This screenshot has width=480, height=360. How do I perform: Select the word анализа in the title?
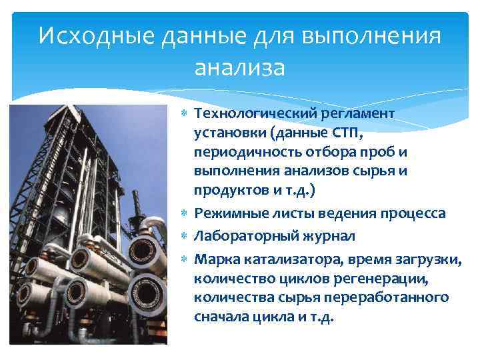[x=239, y=67]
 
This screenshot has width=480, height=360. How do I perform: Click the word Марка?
[x=213, y=259]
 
